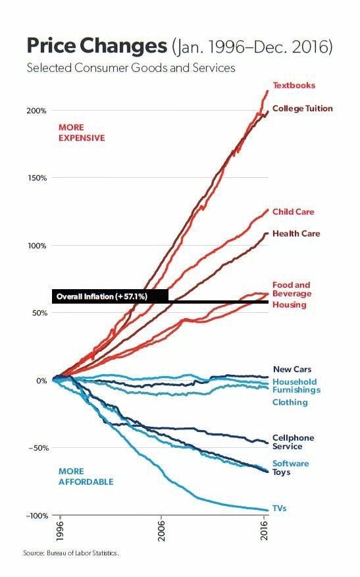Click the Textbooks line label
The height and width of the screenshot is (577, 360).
pos(294,86)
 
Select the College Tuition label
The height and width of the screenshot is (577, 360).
pos(302,109)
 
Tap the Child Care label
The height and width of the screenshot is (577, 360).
pos(293,212)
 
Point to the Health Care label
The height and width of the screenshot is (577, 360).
pos(296,234)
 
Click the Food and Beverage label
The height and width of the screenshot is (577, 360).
pos(292,289)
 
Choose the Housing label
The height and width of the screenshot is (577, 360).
pos(289,305)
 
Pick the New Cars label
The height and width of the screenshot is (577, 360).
pos(292,370)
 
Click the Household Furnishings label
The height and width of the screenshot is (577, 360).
pos(296,386)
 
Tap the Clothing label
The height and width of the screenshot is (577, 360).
pos(290,402)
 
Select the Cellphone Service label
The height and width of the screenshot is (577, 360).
pos(293,442)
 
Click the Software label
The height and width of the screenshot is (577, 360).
pos(290,464)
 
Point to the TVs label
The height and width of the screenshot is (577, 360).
pos(279,508)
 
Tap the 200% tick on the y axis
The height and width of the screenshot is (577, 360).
pos(37,111)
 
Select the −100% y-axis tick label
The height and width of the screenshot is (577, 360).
pos(36,515)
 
